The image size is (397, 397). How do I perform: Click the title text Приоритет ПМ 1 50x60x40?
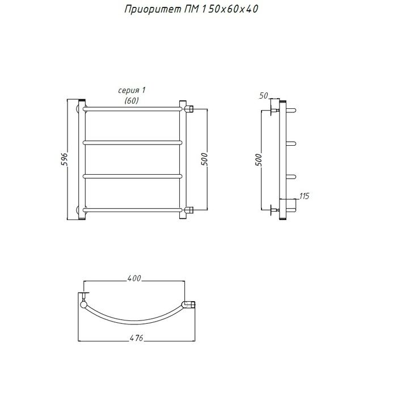coord(192,10)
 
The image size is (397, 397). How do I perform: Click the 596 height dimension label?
coord(64,159)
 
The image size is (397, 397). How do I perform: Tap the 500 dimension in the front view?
coord(204,159)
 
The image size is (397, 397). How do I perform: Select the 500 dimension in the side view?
coord(259,160)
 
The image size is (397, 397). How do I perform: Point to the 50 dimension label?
coord(263,96)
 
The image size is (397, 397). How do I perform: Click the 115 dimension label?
coord(304,196)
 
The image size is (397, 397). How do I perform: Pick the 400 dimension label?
coord(134,278)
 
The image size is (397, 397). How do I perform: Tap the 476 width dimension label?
coord(136,338)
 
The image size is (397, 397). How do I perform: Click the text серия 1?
coord(132,90)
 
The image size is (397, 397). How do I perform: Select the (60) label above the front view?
coord(132,101)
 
